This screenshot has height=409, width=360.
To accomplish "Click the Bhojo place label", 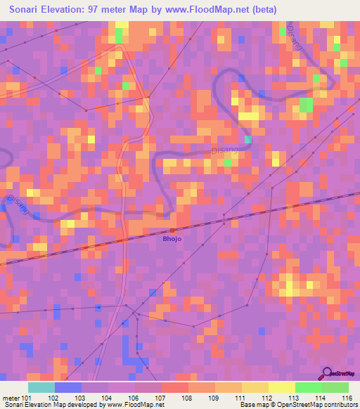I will click(172, 238).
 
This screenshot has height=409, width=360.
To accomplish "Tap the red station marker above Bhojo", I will click(173, 229).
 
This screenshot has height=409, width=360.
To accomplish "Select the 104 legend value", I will click(108, 398).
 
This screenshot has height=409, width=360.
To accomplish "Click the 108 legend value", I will click(188, 398).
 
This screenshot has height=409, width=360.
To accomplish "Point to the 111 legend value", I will click(243, 398).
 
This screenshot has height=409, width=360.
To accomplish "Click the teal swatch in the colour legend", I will click(41, 387).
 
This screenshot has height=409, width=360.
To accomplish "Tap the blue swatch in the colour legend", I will click(67, 387).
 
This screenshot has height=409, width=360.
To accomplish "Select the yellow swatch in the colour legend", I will click(281, 387).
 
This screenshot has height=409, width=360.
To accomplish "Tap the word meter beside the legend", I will click(11, 398).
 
